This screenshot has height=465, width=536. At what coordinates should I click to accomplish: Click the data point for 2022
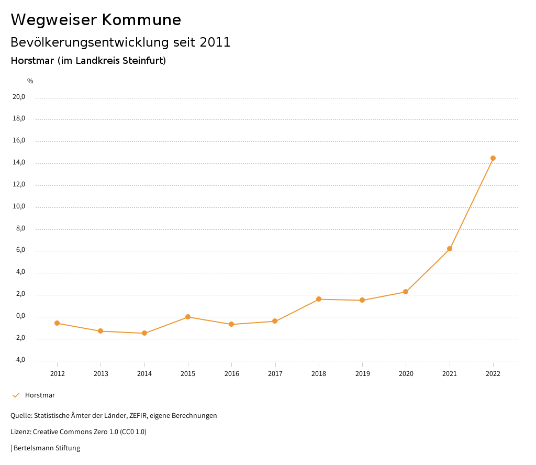pos(493,158)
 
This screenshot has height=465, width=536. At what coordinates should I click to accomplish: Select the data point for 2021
pos(449,249)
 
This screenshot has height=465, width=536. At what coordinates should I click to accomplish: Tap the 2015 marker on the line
pos(188,317)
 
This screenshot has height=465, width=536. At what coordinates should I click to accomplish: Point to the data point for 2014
pos(144,333)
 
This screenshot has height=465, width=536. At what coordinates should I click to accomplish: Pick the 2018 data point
pos(318,299)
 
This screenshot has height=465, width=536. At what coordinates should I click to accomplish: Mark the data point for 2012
pos(57,323)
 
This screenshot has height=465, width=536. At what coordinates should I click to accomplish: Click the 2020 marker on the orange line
pos(406,292)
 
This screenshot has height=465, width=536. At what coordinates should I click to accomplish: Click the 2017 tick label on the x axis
pos(275,374)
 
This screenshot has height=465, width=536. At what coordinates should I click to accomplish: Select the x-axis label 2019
pos(362,374)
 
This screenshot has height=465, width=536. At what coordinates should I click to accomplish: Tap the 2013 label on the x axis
pos(101,374)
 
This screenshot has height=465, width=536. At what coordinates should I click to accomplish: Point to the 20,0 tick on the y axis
pos(19,97)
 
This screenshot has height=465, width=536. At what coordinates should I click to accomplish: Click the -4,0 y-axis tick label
pos(19,360)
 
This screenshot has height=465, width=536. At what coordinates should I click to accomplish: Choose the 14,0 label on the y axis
pos(19,163)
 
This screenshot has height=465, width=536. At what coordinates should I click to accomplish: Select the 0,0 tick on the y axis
pos(20,316)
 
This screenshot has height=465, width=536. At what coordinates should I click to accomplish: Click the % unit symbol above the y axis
pos(30,81)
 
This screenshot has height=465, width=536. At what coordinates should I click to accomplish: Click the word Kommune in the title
pos(141,20)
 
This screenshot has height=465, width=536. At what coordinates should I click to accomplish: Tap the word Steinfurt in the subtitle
pos(143,61)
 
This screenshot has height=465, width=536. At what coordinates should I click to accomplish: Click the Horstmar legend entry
pos(40,395)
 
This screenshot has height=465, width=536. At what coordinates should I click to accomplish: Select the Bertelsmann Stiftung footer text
pos(47,448)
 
